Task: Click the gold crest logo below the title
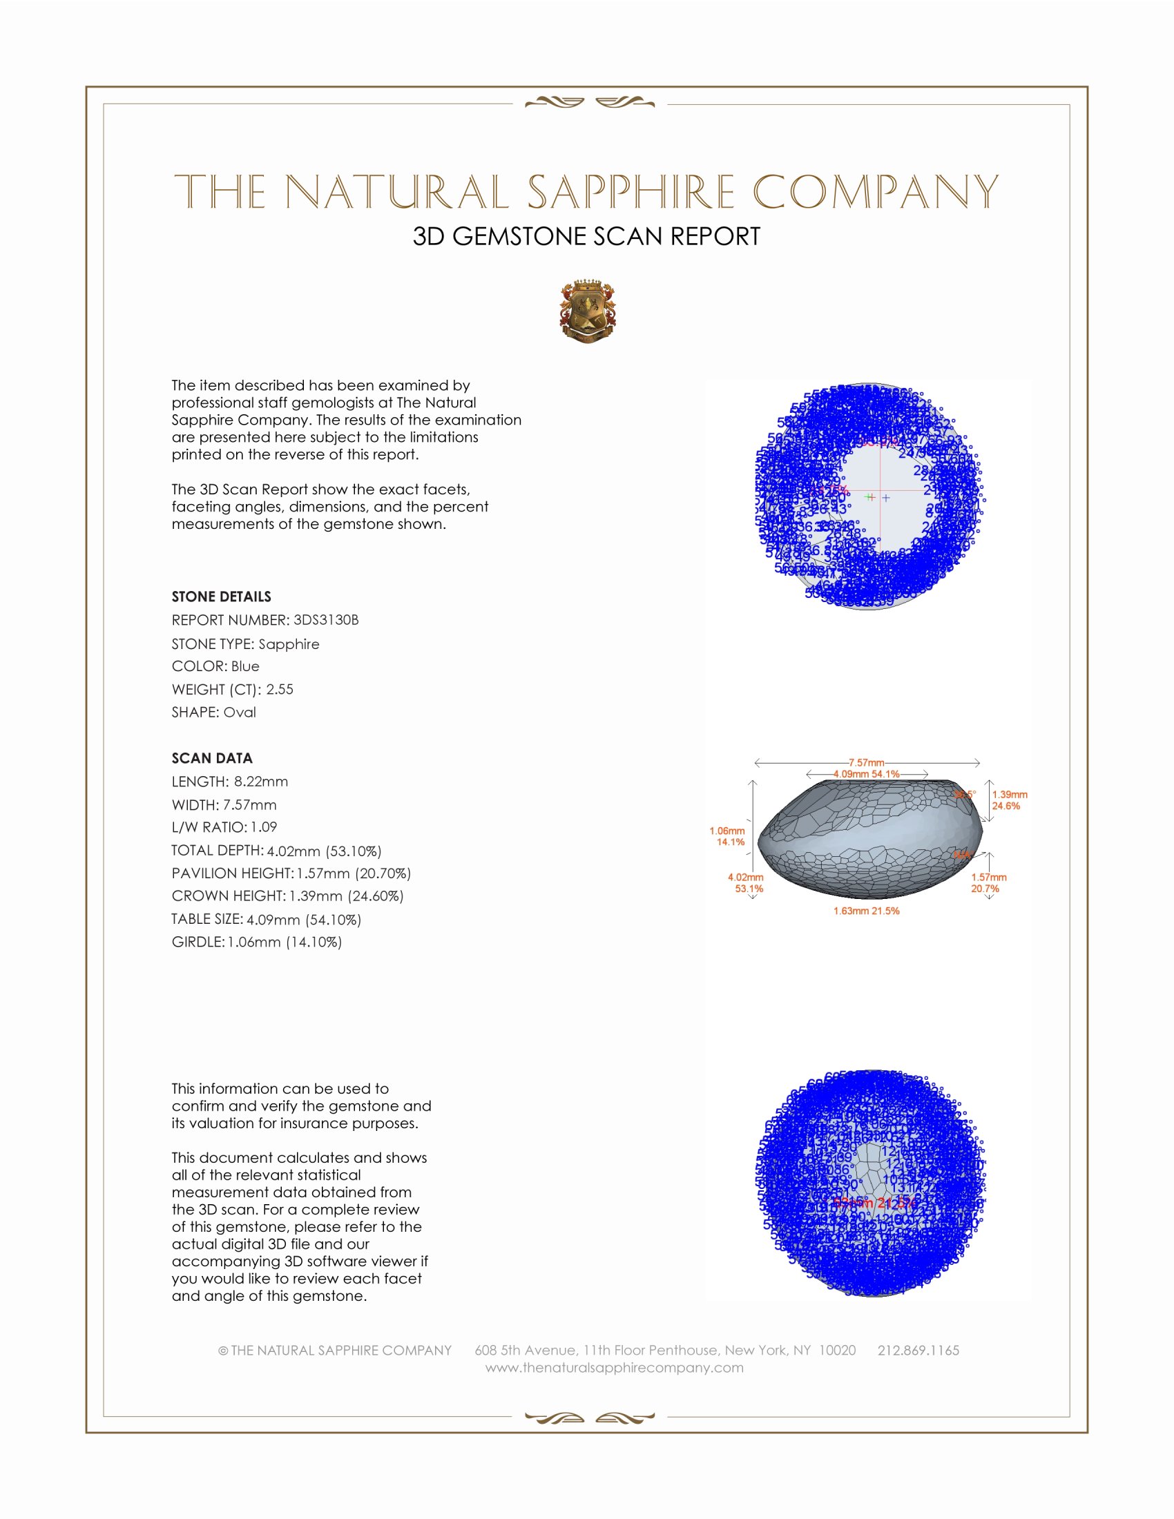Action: (588, 311)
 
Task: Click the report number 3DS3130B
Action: (325, 620)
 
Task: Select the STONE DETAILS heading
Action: (221, 597)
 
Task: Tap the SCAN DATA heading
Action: (212, 758)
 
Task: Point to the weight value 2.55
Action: (280, 689)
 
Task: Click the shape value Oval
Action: (239, 713)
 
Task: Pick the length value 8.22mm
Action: (261, 781)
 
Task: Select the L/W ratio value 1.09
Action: (264, 827)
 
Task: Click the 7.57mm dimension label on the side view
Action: (866, 762)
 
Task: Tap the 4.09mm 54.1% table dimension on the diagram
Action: (867, 773)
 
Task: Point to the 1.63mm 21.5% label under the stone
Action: (867, 911)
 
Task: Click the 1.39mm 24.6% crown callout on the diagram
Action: (1009, 800)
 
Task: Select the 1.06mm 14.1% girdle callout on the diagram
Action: (726, 836)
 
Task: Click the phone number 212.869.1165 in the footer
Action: (918, 1350)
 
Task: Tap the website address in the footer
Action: (614, 1367)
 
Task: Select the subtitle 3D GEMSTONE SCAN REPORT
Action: (586, 236)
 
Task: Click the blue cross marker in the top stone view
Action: (885, 498)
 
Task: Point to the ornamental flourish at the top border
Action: (589, 103)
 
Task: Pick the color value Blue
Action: (245, 666)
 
